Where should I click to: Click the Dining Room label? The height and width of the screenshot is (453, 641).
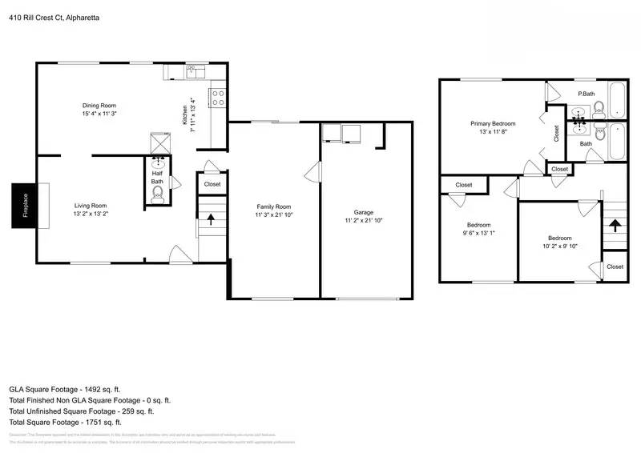pyautogui.click(x=99, y=105)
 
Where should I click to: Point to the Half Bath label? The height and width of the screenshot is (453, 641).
pyautogui.click(x=157, y=176)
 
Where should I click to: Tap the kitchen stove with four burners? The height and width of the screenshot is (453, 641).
pyautogui.click(x=216, y=98)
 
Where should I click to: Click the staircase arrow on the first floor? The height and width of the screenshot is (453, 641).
pyautogui.click(x=211, y=219)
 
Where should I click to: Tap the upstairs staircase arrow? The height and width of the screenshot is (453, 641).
pyautogui.click(x=614, y=226)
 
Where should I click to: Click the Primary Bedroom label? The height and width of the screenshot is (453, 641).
pyautogui.click(x=492, y=123)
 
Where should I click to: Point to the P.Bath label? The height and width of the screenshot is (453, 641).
pyautogui.click(x=586, y=94)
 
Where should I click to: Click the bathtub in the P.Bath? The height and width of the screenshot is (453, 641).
pyautogui.click(x=616, y=100)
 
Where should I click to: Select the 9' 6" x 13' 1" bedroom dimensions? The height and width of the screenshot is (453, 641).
pyautogui.click(x=479, y=234)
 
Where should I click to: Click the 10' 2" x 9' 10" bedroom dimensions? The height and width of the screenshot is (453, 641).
pyautogui.click(x=559, y=246)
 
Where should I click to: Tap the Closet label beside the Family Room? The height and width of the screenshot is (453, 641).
pyautogui.click(x=212, y=184)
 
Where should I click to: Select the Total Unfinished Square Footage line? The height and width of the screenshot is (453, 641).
pyautogui.click(x=88, y=411)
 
